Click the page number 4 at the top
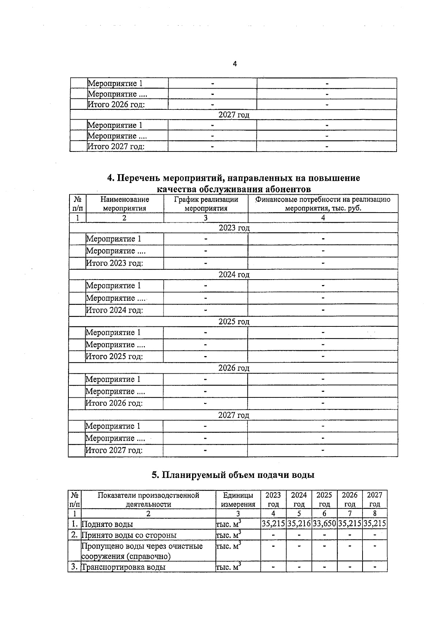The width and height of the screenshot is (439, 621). click(x=234, y=64)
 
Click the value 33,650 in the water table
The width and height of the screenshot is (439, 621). click(x=324, y=524)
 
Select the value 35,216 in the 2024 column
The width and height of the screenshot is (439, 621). click(x=299, y=524)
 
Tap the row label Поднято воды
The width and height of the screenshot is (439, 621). click(x=107, y=524)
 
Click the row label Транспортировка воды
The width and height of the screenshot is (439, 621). click(x=123, y=567)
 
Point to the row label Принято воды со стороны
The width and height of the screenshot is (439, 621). click(x=129, y=535)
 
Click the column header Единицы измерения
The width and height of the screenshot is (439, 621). click(x=238, y=500)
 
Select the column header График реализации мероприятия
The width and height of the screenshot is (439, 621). click(x=206, y=204)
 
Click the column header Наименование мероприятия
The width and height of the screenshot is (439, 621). click(x=124, y=204)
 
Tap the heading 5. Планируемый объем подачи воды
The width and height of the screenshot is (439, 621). click(x=233, y=475)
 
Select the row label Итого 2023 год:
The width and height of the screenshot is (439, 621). click(x=114, y=263)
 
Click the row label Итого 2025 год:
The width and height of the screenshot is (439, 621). click(x=114, y=356)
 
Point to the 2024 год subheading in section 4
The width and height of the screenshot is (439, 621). click(x=234, y=274)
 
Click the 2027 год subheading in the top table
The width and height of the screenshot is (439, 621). click(x=234, y=115)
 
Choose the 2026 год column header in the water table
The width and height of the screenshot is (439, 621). click(x=349, y=500)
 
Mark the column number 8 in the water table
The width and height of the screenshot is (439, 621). click(x=375, y=513)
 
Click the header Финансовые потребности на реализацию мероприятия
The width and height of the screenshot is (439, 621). click(x=323, y=204)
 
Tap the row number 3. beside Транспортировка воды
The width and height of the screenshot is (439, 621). click(x=74, y=567)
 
